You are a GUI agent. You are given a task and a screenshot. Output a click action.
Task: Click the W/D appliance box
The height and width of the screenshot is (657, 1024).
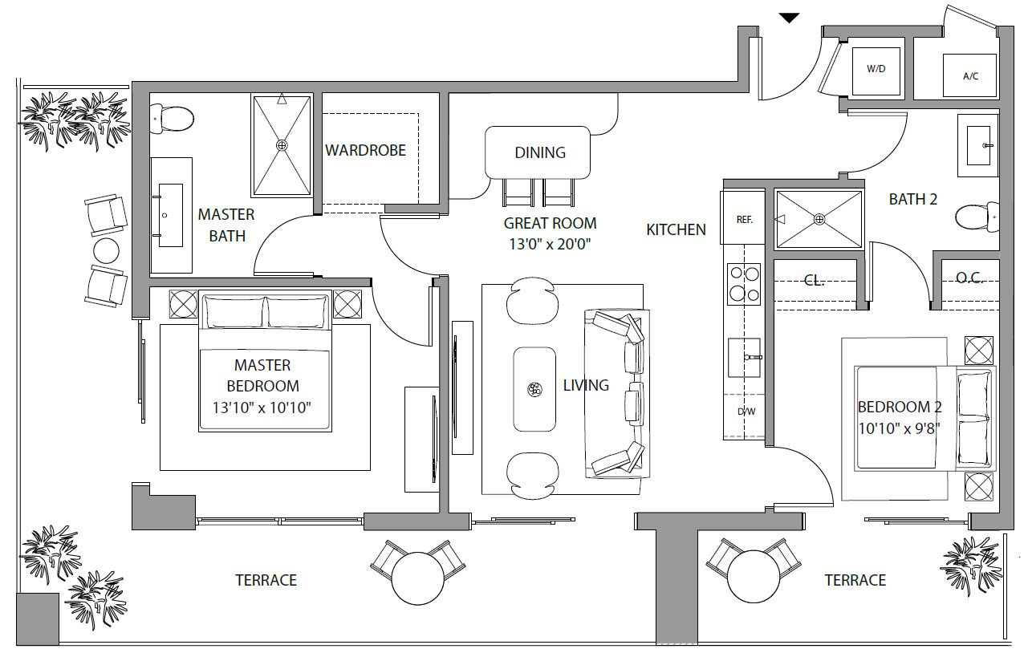click(x=876, y=71)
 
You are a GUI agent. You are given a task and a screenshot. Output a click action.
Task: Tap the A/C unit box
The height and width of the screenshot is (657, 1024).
click(x=969, y=75)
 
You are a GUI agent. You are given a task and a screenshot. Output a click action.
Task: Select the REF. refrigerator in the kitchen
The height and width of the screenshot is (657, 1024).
click(x=744, y=217)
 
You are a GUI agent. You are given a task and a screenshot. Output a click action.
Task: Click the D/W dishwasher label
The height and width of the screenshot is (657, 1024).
click(x=746, y=412)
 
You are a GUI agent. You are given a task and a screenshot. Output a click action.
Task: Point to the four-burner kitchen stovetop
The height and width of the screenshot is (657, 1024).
click(x=744, y=284)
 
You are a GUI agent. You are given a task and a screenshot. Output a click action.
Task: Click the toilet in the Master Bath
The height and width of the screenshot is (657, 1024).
click(x=172, y=119)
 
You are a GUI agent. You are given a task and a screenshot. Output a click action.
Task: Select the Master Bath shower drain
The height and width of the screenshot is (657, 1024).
click(x=282, y=145)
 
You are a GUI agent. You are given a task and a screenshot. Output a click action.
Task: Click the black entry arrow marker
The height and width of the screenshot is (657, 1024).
click(x=789, y=18)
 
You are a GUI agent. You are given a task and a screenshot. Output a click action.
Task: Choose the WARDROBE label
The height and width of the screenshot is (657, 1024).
click(x=365, y=150)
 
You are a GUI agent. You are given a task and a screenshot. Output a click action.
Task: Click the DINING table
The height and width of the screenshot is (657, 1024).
click(x=538, y=152)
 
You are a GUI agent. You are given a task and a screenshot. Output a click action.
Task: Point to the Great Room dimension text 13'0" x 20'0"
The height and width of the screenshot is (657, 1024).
click(x=550, y=244)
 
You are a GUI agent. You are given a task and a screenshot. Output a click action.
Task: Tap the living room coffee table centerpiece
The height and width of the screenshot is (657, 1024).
click(x=534, y=389)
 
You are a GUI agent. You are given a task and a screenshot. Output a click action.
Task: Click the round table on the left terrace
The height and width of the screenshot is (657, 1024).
click(x=418, y=578)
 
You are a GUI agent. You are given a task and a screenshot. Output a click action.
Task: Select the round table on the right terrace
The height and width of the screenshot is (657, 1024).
click(x=754, y=577)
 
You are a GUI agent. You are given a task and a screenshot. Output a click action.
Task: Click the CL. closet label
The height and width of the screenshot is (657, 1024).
click(x=815, y=280)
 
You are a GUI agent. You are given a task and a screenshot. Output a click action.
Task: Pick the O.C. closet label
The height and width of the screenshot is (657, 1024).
click(x=969, y=278)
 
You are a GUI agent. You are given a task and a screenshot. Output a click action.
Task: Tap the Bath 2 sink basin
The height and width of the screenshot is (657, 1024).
click(x=978, y=145)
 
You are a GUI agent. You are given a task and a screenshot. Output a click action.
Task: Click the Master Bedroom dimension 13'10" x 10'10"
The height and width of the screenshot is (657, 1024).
click(x=262, y=407)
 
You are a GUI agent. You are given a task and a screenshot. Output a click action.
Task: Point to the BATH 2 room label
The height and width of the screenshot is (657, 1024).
click(x=913, y=199)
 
